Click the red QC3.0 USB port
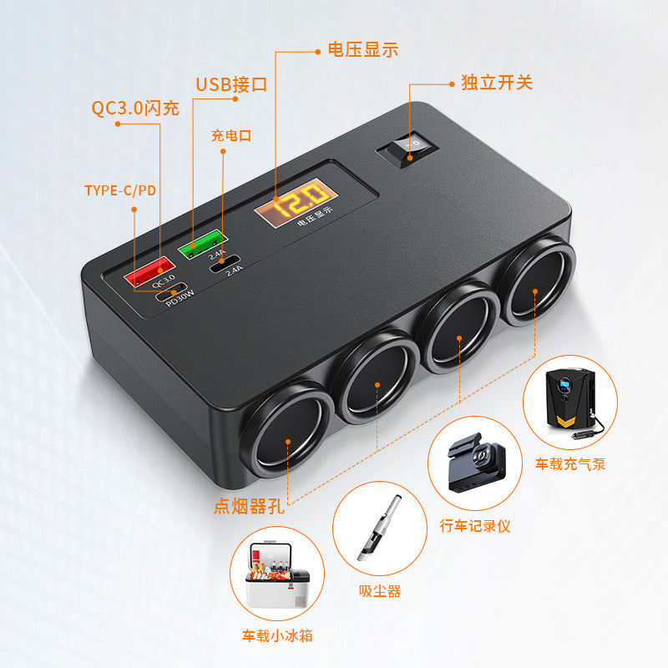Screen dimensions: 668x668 click(149, 271)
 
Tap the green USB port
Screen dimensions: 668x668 click(203, 244)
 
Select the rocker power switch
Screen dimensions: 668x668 click(407, 149)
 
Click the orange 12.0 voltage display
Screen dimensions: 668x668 click(296, 203)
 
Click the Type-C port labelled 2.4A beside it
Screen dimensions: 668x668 click(224, 264)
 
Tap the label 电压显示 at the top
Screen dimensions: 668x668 click(363, 50)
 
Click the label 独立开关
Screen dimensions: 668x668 click(497, 82)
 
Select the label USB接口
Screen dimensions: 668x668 click(231, 84)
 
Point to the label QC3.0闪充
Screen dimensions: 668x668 click(135, 108)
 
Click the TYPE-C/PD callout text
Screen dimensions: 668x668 click(120, 190)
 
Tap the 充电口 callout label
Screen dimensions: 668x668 click(231, 136)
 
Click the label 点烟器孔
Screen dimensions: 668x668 click(249, 507)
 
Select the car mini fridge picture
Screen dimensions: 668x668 click(277, 574)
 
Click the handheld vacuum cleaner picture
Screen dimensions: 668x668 click(380, 529)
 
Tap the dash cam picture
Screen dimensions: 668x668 click(475, 463)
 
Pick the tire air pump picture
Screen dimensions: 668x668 click(570, 402)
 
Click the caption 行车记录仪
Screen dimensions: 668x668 click(475, 526)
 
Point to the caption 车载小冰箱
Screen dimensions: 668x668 click(277, 635)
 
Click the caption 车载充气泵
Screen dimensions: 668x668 click(570, 464)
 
